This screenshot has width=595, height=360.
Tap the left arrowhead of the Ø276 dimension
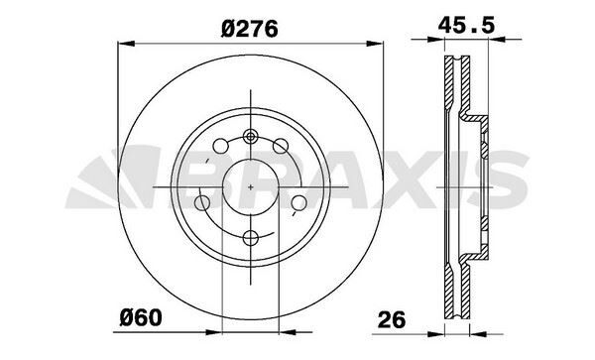click(124, 43)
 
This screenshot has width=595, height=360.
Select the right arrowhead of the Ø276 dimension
click(378, 43)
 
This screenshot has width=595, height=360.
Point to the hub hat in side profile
click(483, 184)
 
